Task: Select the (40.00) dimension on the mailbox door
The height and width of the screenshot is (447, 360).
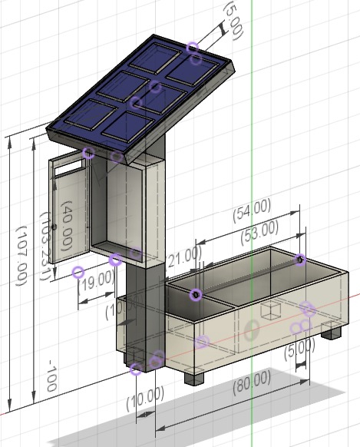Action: click(67, 227)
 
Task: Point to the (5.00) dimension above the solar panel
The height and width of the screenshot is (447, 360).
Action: click(233, 19)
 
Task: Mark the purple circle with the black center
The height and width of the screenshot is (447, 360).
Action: click(196, 293)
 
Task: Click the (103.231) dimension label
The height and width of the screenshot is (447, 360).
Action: click(45, 247)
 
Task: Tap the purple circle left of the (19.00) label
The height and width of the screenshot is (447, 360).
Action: click(78, 272)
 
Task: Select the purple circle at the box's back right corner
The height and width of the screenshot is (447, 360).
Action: click(300, 260)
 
